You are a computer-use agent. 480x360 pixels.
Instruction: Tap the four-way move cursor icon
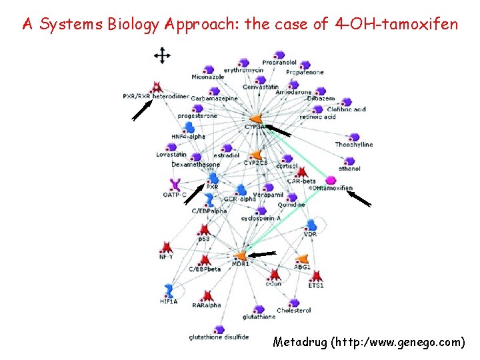pyautogui.click(x=161, y=56)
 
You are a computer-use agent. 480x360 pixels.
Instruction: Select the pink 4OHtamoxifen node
pyautogui.click(x=331, y=180)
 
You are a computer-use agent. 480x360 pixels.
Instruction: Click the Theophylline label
pyautogui.click(x=353, y=145)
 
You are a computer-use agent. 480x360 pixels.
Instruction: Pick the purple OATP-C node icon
pyautogui.click(x=175, y=185)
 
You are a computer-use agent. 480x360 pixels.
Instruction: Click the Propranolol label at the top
pyautogui.click(x=279, y=62)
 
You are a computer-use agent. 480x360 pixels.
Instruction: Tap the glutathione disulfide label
pyautogui.click(x=219, y=337)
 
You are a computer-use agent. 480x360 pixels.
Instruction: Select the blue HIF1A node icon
pyautogui.click(x=169, y=290)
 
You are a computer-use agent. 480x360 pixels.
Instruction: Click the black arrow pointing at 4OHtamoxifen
pyautogui.click(x=360, y=199)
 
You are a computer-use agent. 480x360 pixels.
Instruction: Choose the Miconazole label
pyautogui.click(x=208, y=77)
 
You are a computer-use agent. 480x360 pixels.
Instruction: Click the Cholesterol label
pyautogui.click(x=294, y=311)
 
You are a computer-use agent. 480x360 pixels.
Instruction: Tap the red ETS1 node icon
pyautogui.click(x=317, y=276)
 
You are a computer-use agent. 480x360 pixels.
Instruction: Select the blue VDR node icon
pyautogui.click(x=311, y=226)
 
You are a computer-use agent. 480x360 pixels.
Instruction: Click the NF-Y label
pyautogui.click(x=166, y=257)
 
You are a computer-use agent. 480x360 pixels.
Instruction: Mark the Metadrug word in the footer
pyautogui.click(x=298, y=342)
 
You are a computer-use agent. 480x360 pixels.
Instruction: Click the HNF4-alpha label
pyautogui.click(x=188, y=137)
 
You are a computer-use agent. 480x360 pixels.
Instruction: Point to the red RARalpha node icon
pyautogui.click(x=208, y=295)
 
